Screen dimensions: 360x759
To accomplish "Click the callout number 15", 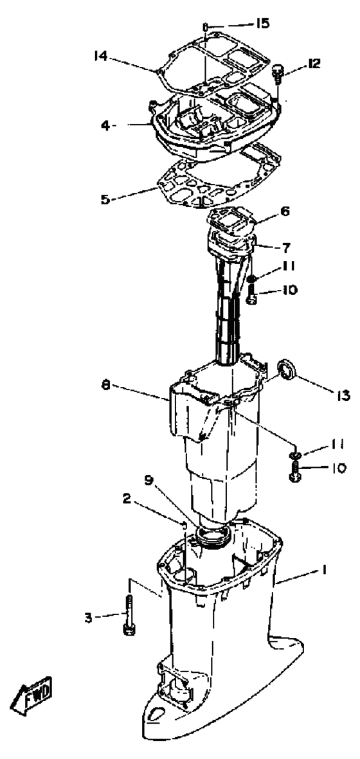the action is pos(263,24).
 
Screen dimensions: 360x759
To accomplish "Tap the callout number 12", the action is pos(314,64).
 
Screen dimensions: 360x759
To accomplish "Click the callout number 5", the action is pos(105,199).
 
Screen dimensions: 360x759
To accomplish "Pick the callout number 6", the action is pos(285,211).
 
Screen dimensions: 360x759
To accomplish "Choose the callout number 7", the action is pos(286,248).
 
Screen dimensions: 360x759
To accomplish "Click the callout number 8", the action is pos(106,386).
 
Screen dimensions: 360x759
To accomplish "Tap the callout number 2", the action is pos(126,499).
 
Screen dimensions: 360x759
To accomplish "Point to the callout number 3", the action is pos(88,618).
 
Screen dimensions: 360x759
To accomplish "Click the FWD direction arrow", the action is pos(32,699).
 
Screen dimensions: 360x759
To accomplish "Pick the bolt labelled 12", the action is pos(278,74).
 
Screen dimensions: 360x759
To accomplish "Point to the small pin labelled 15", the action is pos(205,26).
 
